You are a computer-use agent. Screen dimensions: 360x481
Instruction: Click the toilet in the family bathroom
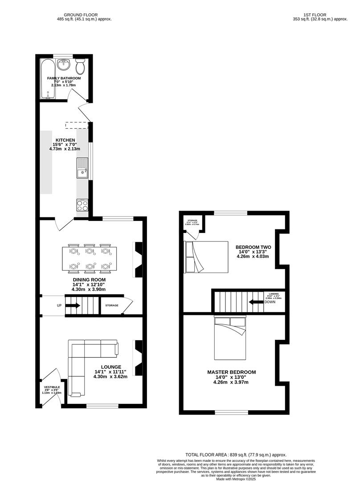point(81,67)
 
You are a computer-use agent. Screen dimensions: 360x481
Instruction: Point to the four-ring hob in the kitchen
point(82,205)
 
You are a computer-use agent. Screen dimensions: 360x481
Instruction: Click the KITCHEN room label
point(65,140)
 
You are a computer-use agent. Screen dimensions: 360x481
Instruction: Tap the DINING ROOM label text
point(89,280)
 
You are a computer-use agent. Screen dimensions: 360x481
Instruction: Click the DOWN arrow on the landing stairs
point(256,302)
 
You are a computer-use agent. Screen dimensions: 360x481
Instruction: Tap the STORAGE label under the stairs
point(112,306)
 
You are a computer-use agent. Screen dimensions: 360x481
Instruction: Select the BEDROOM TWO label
point(253,247)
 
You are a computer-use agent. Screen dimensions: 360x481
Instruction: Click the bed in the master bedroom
point(229,338)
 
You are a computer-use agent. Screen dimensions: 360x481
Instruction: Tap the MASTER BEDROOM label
point(231,372)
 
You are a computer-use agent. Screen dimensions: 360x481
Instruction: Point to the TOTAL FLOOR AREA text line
point(237,454)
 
